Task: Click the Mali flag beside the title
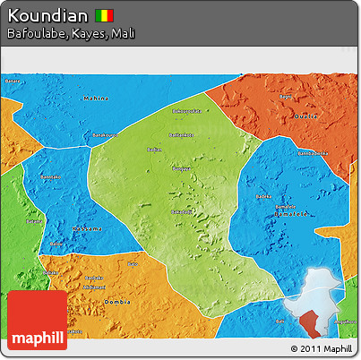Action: (x=106, y=16)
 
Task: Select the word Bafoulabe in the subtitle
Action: (x=35, y=34)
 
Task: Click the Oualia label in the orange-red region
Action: (x=307, y=117)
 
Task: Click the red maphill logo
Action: (x=37, y=320)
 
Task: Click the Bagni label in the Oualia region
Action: (x=287, y=96)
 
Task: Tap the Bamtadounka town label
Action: (x=182, y=134)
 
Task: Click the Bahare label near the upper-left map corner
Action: (x=13, y=81)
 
